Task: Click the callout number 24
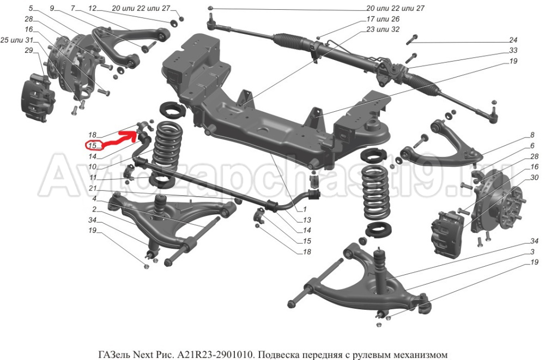click(x=513, y=40)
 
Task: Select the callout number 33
click(x=513, y=50)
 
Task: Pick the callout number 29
click(x=29, y=50)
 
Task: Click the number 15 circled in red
click(x=92, y=145)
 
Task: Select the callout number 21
click(x=93, y=188)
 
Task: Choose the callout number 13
click(x=307, y=220)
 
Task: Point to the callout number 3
click(x=531, y=251)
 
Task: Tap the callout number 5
click(x=31, y=8)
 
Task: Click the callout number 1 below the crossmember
click(x=305, y=209)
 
